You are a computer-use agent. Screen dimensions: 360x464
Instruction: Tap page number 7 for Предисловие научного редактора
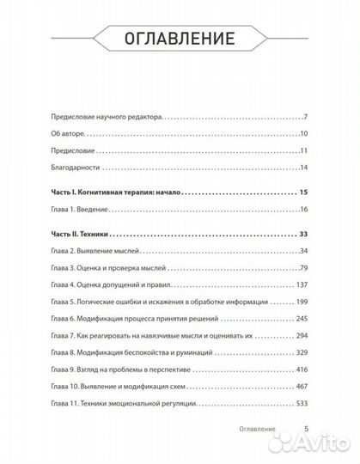(x=305, y=116)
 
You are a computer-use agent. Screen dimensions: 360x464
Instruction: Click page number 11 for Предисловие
(x=302, y=151)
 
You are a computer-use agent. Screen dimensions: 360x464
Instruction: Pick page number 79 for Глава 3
(x=302, y=269)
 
